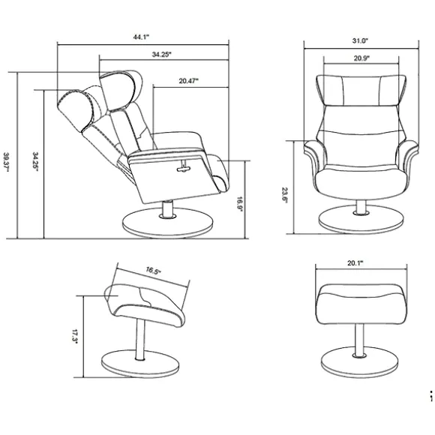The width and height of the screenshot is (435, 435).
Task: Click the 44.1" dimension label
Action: [x=142, y=37]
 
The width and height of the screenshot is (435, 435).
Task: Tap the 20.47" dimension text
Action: [x=189, y=81]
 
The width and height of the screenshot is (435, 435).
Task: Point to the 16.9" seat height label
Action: [x=239, y=204]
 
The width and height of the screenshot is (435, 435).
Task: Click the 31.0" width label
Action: [x=360, y=40]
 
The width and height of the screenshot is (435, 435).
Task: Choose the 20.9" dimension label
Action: [x=361, y=58]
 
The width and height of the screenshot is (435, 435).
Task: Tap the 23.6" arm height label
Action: [x=285, y=195]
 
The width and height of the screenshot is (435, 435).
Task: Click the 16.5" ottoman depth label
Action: [x=154, y=271]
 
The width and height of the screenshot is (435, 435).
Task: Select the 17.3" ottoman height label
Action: [x=75, y=337]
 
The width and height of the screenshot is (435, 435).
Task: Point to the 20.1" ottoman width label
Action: [x=355, y=262]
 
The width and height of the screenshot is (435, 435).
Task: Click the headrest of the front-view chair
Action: [x=361, y=90]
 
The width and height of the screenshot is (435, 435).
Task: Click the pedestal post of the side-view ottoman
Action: [x=140, y=339]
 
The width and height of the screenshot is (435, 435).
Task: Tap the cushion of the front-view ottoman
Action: [x=361, y=304]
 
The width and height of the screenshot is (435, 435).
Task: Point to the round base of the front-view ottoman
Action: [x=359, y=364]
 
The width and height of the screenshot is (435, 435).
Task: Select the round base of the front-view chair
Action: [x=361, y=219]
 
